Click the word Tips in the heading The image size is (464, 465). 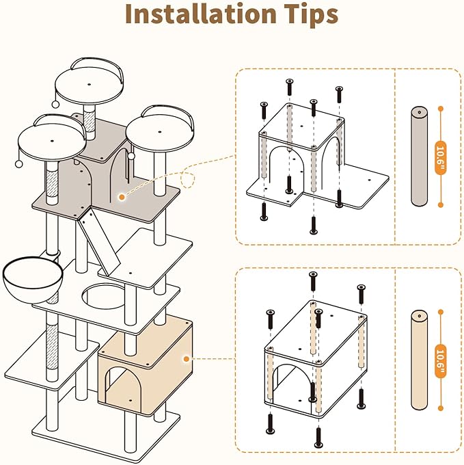306,15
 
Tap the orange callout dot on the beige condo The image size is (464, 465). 186,358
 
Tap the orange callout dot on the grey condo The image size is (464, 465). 121,197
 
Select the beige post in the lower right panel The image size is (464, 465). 418,362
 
